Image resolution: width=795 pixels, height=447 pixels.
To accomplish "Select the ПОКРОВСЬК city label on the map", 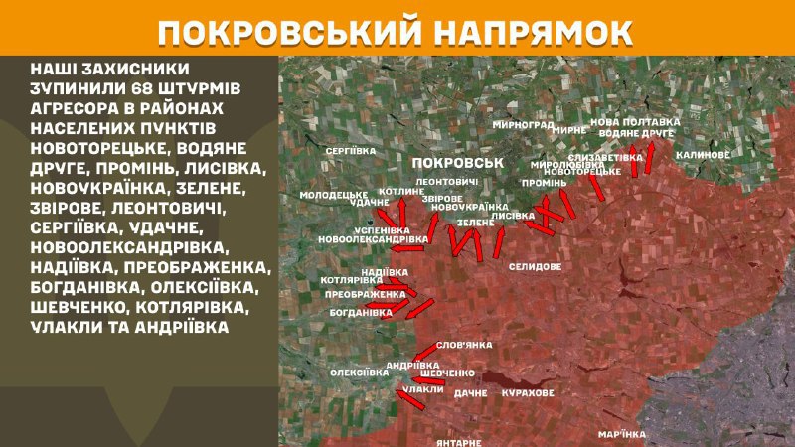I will coord(456,162).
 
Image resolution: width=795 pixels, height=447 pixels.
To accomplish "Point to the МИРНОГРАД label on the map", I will coord(523,126).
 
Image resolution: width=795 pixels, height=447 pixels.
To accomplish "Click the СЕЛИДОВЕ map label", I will coord(535,267).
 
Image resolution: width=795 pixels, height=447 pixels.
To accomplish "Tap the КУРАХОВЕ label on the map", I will coord(527,394).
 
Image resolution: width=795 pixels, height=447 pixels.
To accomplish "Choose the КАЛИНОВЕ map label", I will coord(703,156).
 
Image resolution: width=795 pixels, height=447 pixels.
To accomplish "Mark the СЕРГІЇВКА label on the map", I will coord(350,150).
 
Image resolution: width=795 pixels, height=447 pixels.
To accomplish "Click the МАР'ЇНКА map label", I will coord(622,434).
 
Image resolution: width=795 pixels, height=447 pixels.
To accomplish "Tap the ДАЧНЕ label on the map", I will coord(471,394).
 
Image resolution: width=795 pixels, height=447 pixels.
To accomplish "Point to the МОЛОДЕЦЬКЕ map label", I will coord(334,195).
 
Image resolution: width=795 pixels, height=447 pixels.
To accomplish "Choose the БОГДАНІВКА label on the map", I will coord(362,312).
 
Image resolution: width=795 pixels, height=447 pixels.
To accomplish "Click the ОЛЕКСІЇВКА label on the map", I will coord(358,372).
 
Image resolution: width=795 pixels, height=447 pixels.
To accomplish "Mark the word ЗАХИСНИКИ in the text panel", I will coord(128,69).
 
